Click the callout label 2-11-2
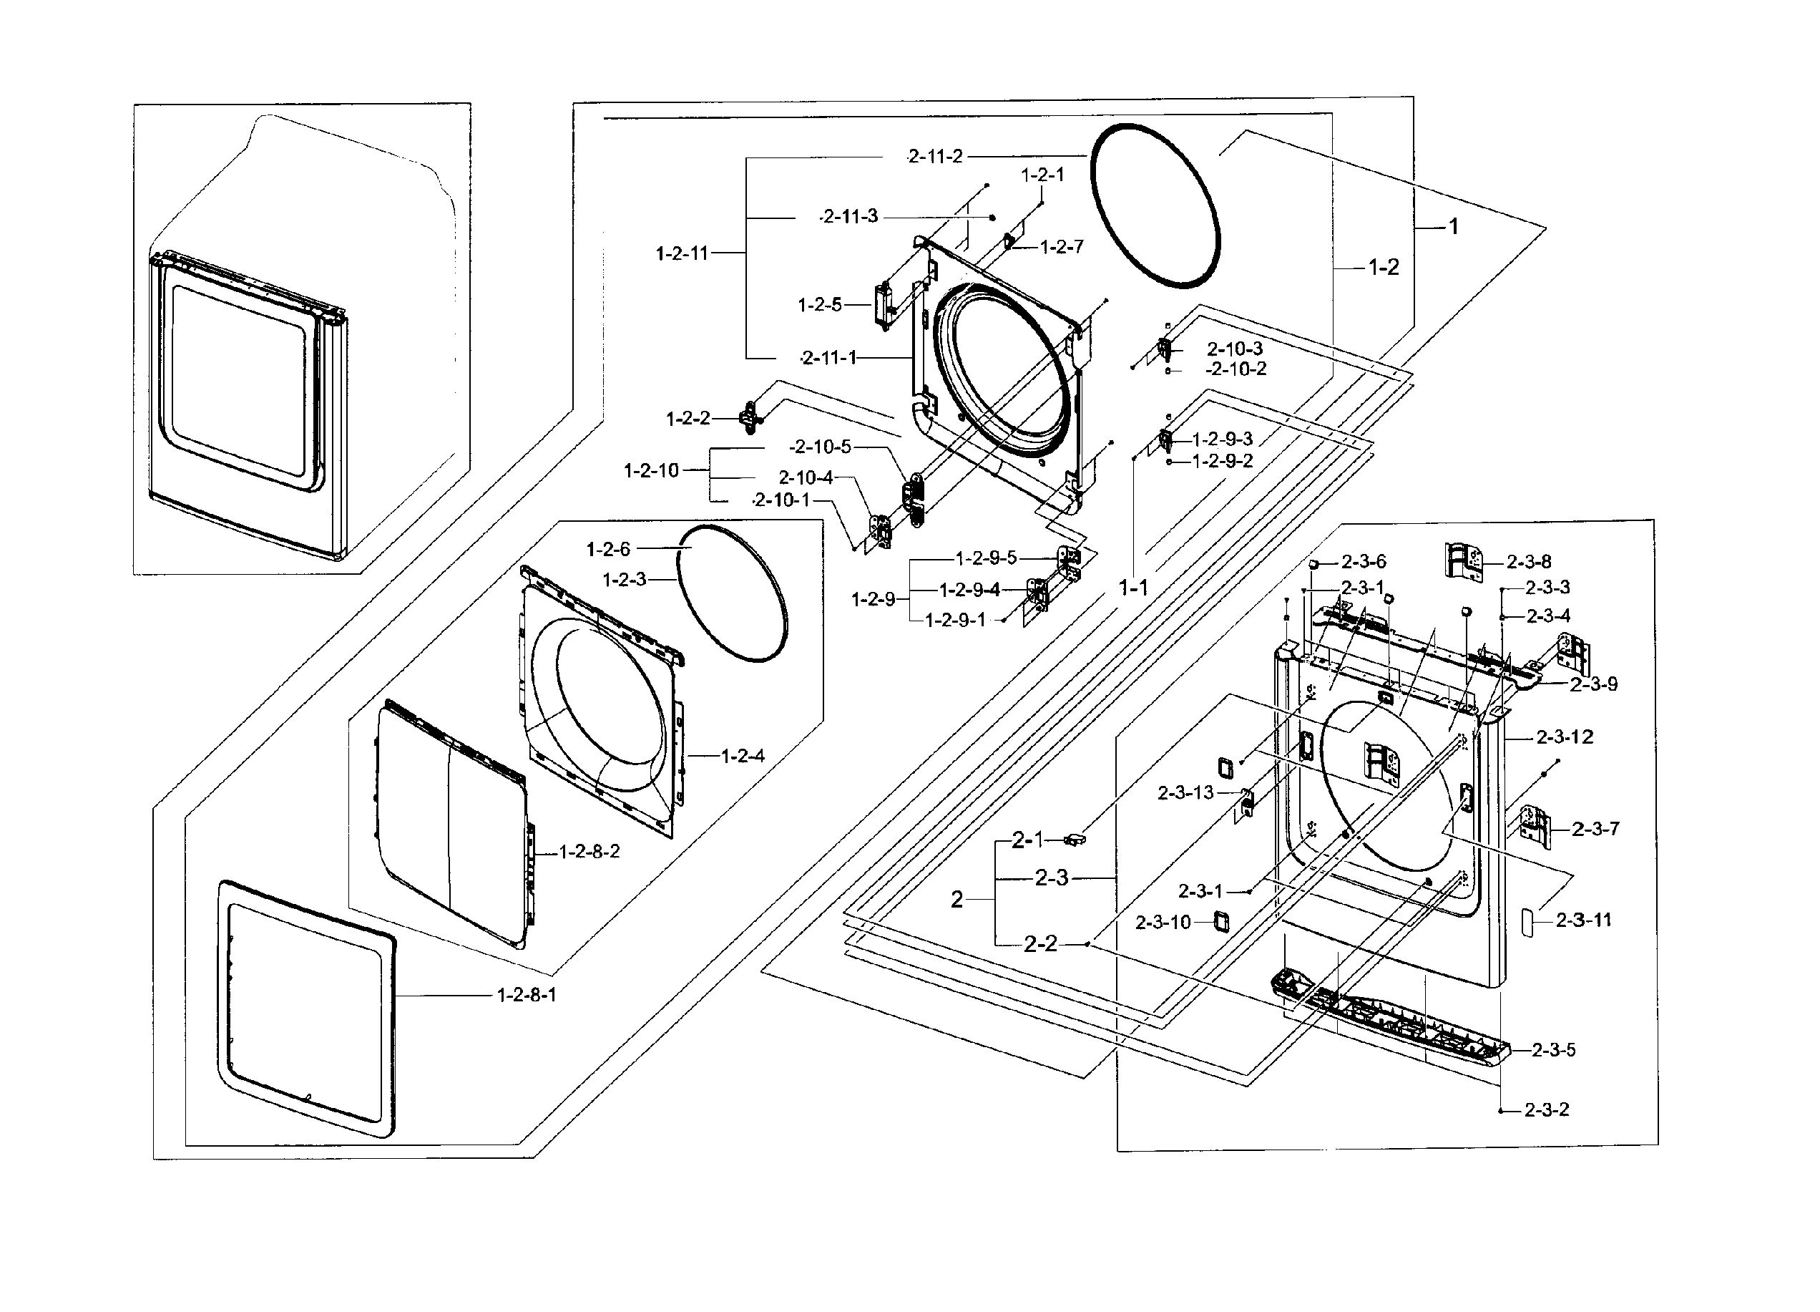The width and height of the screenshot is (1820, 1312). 935,157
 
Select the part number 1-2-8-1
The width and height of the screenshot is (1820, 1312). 527,996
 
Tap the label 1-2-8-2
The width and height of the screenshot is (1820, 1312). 589,852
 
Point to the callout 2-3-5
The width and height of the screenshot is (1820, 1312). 1554,1050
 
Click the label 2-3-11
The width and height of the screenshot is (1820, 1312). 1583,920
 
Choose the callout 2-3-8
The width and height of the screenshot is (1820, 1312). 1529,562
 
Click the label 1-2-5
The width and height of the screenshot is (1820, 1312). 819,305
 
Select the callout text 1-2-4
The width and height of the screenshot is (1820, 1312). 743,757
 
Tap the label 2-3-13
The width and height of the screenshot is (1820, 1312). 1185,793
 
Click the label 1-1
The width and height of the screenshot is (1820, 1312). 1133,588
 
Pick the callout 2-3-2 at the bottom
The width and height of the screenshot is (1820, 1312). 1547,1110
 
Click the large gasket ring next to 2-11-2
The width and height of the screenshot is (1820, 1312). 1155,205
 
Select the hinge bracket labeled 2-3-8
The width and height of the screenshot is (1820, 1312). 1464,560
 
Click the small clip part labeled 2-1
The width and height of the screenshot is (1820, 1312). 1074,840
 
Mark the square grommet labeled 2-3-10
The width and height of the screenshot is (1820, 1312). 1221,921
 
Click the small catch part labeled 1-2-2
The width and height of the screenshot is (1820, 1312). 750,417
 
